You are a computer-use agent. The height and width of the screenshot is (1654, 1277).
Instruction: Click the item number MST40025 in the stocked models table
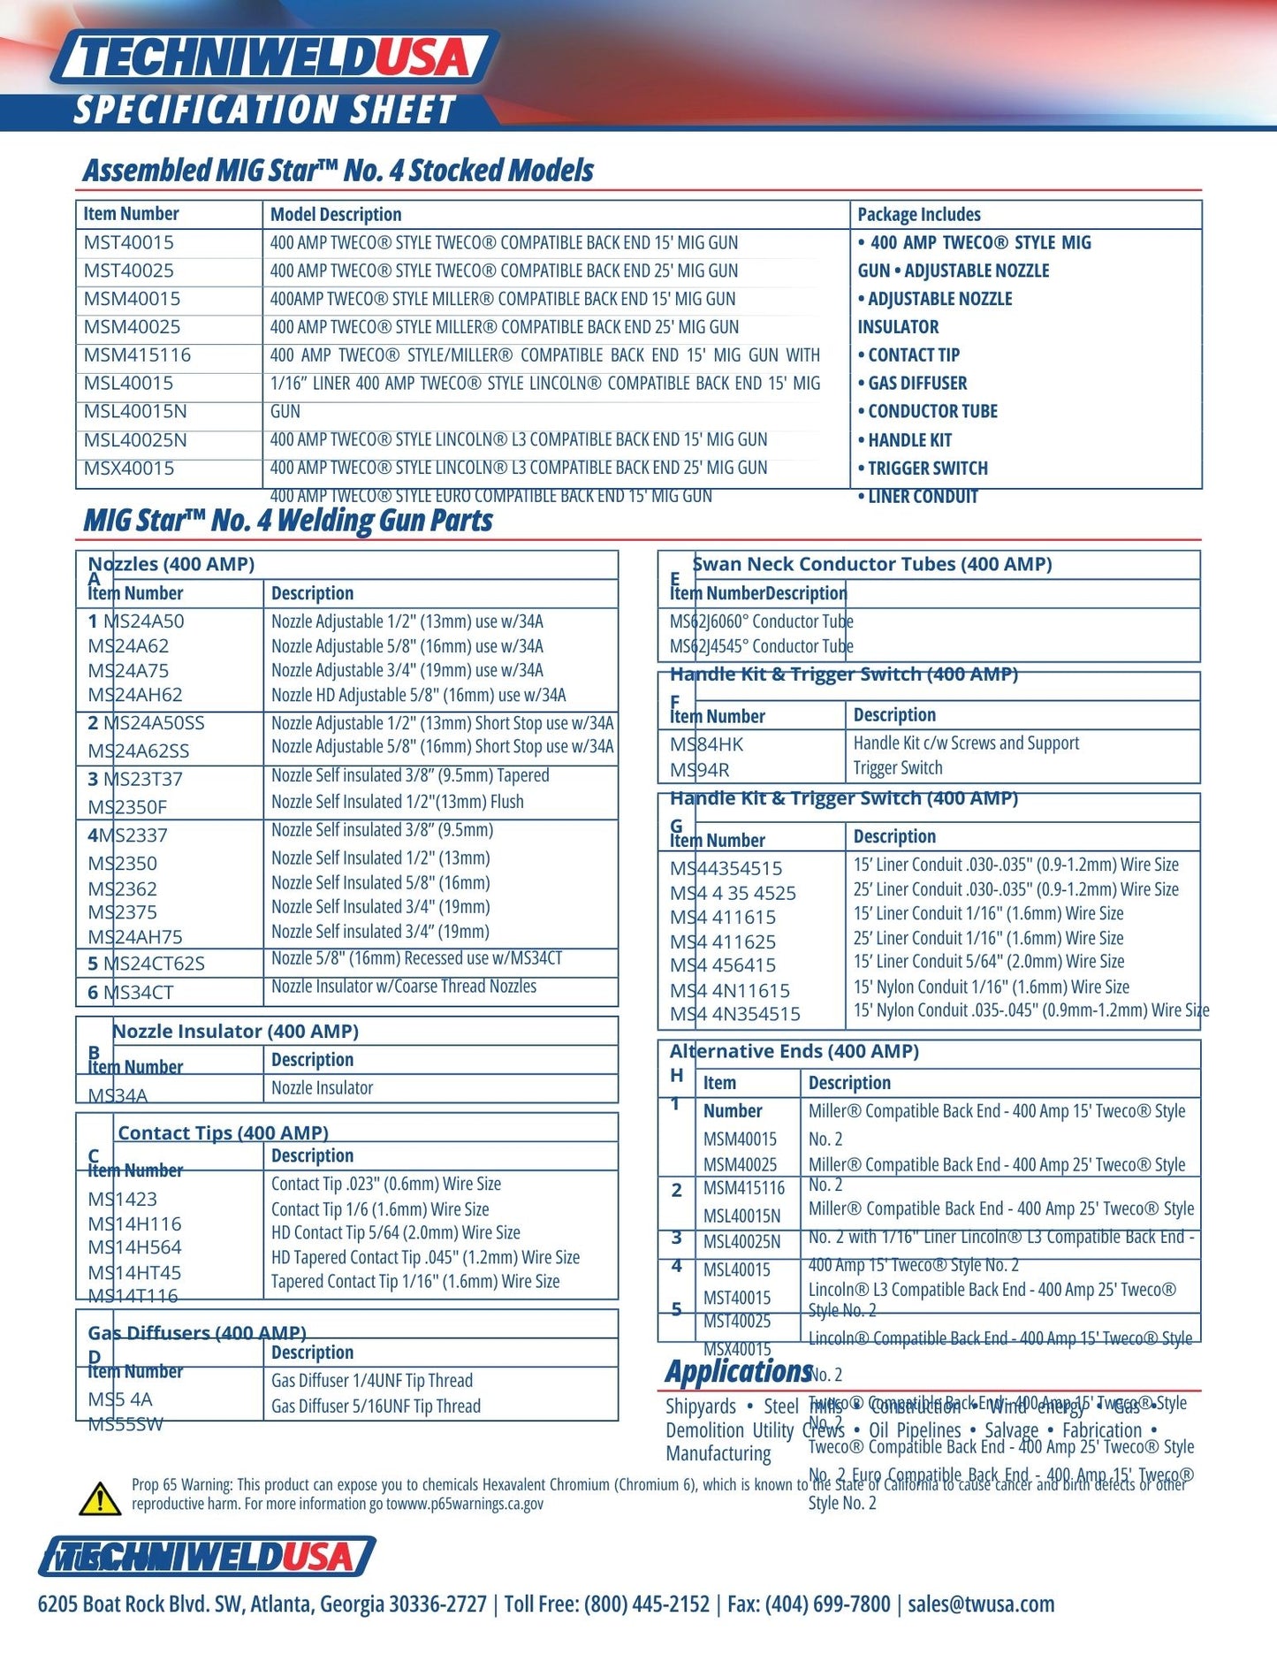pos(129,271)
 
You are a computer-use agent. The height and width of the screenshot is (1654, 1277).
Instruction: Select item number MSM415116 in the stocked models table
pos(137,355)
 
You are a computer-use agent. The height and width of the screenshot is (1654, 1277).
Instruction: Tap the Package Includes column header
pos(919,215)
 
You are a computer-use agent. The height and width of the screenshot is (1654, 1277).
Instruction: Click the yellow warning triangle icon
pos(100,1498)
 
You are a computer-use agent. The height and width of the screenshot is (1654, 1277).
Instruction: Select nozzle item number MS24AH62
pos(135,695)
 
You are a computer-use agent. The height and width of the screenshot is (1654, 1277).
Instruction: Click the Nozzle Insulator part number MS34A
pos(118,1095)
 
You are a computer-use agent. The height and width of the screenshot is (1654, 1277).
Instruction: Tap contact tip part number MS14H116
pos(134,1224)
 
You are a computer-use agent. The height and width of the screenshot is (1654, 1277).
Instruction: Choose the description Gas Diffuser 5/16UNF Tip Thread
pos(376,1406)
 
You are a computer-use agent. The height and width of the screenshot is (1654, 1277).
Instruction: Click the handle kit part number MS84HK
pos(707,744)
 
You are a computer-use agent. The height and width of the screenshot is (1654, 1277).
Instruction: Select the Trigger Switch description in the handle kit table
pos(898,768)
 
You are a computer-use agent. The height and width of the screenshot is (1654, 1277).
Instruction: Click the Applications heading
pos(738,1371)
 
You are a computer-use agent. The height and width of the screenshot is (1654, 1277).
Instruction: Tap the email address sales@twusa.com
pos(981,1604)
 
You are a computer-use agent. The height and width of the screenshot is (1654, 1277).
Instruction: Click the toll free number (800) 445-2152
pos(646,1604)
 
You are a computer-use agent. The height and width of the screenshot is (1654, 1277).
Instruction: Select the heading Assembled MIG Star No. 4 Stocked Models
pos(338,171)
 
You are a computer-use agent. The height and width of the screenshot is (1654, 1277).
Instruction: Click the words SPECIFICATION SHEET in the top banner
pos(264,111)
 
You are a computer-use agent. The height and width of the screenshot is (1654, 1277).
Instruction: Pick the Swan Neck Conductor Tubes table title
pos(872,564)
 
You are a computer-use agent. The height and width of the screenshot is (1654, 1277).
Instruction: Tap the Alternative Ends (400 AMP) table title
pos(794,1051)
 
